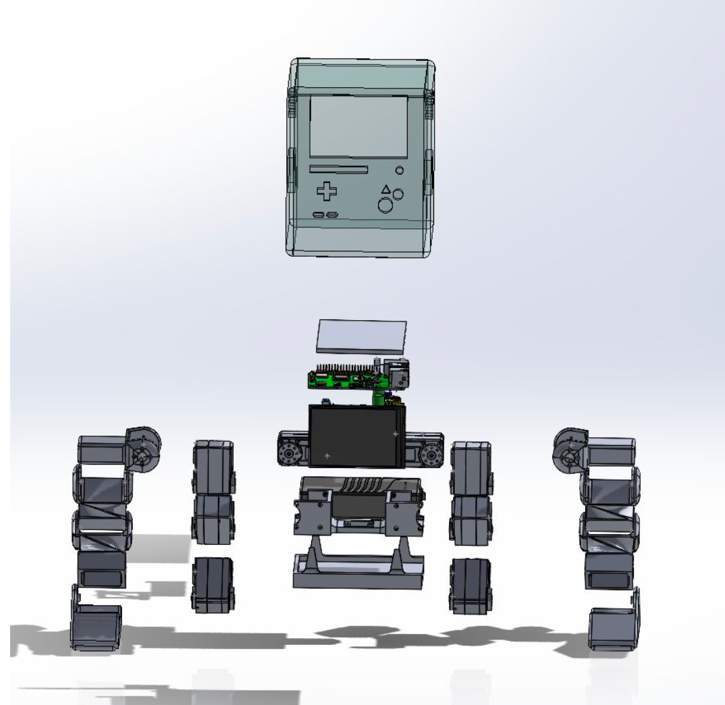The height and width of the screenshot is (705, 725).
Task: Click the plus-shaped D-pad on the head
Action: click(x=327, y=191)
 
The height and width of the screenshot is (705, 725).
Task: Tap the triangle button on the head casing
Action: click(x=385, y=190)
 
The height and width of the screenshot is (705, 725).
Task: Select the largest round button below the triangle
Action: click(x=385, y=205)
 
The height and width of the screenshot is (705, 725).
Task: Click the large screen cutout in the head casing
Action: click(x=358, y=125)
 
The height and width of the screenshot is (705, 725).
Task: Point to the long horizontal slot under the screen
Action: click(x=338, y=169)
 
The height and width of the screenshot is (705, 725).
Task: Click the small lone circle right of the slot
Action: click(x=399, y=171)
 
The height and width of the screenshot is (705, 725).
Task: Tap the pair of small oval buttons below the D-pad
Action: click(x=326, y=215)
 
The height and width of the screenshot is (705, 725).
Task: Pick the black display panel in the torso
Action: click(x=356, y=436)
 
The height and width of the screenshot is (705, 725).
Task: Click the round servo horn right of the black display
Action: click(x=428, y=456)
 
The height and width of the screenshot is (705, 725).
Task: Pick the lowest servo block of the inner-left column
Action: click(x=212, y=585)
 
